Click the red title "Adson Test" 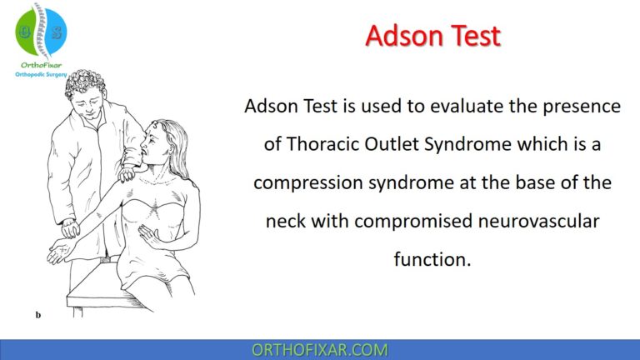(433, 37)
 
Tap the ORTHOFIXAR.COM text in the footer (319, 349)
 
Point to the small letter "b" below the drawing (38, 315)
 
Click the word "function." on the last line (432, 260)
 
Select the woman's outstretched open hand (60, 251)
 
